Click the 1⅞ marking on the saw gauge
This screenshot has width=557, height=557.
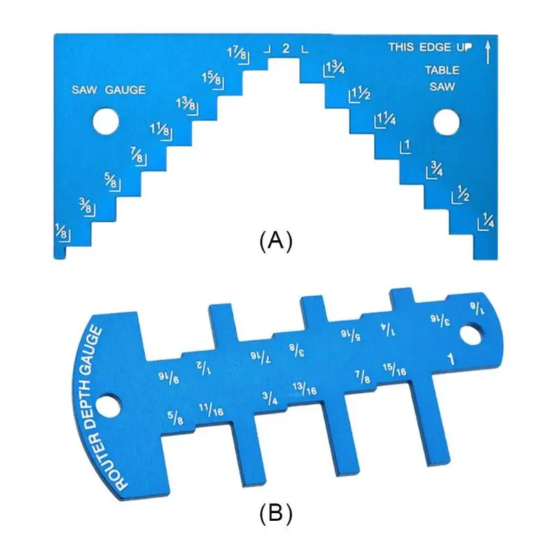click(x=237, y=54)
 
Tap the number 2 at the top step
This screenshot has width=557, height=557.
click(x=286, y=48)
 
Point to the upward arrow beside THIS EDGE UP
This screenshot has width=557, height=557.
click(x=488, y=52)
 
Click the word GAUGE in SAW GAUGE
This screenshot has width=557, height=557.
click(x=125, y=90)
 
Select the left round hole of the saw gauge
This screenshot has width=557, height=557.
click(x=106, y=121)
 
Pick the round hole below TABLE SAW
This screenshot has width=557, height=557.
click(x=446, y=123)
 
